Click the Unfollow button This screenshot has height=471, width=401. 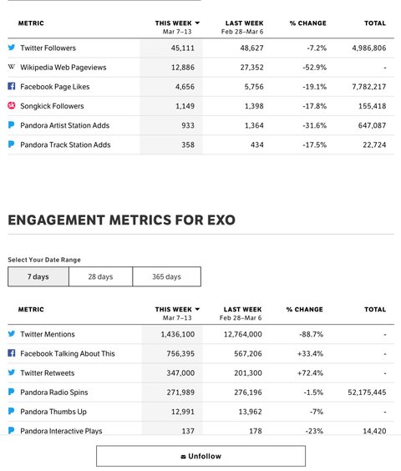point(200,456)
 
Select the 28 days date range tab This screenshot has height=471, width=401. point(100,276)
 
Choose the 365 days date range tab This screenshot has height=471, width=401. point(166,276)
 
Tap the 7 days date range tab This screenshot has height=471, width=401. point(38,276)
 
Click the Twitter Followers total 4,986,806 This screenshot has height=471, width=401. point(368,48)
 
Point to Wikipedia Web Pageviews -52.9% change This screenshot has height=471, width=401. point(314,68)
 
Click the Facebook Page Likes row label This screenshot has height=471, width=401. point(55,87)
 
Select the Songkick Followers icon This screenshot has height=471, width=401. point(12,105)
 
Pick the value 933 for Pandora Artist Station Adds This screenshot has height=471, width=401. point(188,125)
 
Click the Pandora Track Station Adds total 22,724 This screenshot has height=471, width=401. point(374,144)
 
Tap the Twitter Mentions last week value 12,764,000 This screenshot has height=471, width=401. point(242,334)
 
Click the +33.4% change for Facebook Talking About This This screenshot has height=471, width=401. point(310,354)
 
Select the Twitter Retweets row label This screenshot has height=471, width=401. point(48,373)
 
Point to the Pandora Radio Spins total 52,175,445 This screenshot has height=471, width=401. point(367,392)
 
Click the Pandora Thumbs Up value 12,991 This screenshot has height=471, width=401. point(183,412)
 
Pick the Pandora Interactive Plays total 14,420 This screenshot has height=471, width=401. point(374,431)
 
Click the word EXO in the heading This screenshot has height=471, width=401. point(221,220)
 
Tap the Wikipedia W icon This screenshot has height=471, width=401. point(12,67)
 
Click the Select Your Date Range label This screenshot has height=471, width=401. point(44,260)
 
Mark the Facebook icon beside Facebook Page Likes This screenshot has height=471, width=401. point(12,86)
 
